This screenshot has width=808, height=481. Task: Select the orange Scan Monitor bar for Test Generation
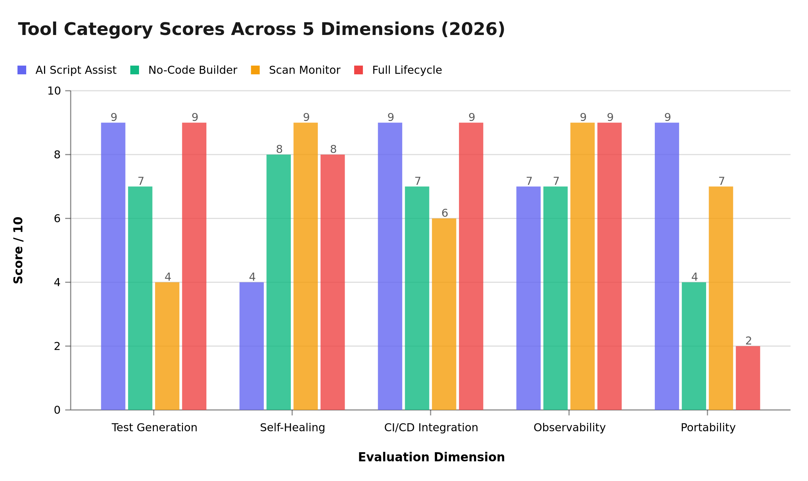click(x=167, y=346)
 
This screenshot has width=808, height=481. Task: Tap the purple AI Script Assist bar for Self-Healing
click(x=251, y=346)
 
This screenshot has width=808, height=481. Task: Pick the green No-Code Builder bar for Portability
click(x=694, y=346)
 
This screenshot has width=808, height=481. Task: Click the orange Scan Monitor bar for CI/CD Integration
click(x=444, y=314)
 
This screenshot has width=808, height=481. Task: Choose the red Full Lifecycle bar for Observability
click(x=609, y=266)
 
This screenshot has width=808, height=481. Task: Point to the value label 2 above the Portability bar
click(x=748, y=341)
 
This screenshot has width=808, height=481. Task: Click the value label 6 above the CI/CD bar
click(x=444, y=213)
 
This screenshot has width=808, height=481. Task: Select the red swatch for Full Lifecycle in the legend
click(x=359, y=70)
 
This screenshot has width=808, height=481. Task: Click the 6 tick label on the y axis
click(x=57, y=219)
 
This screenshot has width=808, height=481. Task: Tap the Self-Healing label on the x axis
click(x=292, y=427)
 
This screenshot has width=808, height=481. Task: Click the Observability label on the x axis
click(x=569, y=427)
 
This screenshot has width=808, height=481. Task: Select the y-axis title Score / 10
click(x=18, y=250)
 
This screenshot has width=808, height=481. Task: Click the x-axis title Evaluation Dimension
click(x=431, y=457)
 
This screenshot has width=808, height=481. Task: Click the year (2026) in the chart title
click(x=473, y=29)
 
